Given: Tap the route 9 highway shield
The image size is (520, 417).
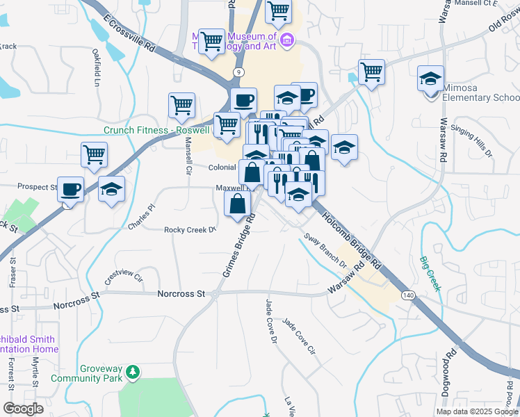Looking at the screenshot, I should point(239,72).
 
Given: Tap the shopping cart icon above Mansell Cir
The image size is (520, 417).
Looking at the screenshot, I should point(181,105).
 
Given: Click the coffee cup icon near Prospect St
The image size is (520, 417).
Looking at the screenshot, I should point(71,188).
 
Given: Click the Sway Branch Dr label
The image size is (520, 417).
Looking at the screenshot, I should point(325,251).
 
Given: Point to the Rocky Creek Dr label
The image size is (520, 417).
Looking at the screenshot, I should point(190,229).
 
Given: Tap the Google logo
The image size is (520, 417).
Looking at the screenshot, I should point(23,408).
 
